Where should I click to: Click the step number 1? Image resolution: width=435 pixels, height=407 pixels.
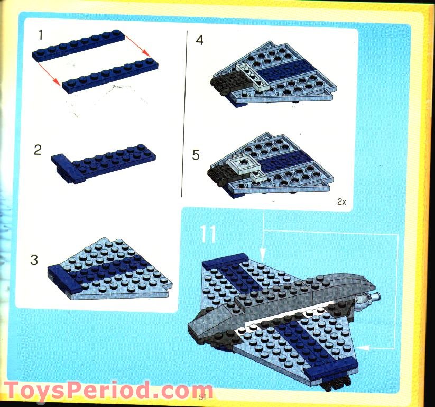tap(40, 35)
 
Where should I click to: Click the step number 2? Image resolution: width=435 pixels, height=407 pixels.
tap(38, 150)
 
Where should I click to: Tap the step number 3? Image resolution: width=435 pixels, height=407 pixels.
tap(34, 260)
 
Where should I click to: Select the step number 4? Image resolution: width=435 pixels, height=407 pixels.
tap(199, 40)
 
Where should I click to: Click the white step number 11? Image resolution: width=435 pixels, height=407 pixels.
tap(208, 234)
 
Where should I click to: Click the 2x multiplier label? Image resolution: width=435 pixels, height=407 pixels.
tap(341, 202)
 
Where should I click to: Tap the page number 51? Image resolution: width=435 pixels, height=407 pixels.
tap(201, 397)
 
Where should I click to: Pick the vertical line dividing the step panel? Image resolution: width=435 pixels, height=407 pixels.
tap(185, 114)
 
